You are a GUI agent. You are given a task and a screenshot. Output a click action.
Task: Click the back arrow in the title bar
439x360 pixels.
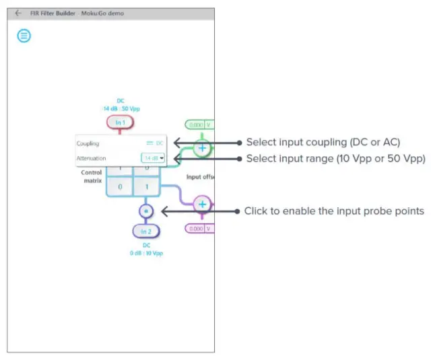click(x=18, y=13)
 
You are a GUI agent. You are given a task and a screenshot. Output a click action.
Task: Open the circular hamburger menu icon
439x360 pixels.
click(x=24, y=36)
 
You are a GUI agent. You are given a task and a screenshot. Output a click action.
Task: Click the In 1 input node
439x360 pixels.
click(x=120, y=122)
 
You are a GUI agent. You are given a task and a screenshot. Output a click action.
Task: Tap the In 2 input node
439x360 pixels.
click(x=146, y=231)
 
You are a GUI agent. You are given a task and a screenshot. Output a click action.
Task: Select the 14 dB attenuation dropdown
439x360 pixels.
click(x=154, y=158)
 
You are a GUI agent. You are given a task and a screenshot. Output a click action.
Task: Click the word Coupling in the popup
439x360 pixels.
click(x=88, y=143)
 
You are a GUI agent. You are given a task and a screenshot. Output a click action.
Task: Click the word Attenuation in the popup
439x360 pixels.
click(x=92, y=158)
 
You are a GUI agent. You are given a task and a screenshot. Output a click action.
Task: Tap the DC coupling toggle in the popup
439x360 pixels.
click(x=155, y=143)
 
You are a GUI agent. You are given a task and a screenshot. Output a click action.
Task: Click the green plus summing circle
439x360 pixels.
click(x=201, y=147)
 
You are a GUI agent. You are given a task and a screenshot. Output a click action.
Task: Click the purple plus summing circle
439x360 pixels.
click(x=202, y=204)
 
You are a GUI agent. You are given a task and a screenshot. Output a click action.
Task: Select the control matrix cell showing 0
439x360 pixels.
click(x=120, y=186)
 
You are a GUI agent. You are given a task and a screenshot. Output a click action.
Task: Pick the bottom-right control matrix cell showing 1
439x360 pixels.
click(x=147, y=186)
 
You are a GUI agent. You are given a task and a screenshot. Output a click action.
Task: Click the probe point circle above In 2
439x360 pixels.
click(x=147, y=211)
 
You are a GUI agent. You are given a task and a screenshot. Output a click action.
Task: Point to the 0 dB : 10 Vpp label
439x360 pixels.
click(x=146, y=253)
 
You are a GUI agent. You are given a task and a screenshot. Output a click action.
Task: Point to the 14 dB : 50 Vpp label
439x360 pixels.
click(x=121, y=108)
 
